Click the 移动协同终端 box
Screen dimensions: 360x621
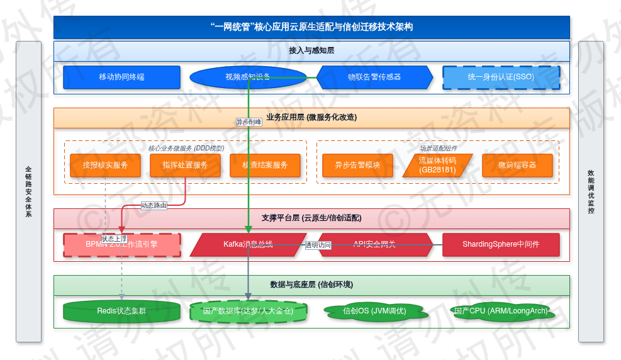pyautogui.click(x=121, y=77)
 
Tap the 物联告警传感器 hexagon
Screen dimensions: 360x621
pyautogui.click(x=374, y=77)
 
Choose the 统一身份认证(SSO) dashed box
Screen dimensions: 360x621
pyautogui.click(x=501, y=77)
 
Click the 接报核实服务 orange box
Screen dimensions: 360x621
pyautogui.click(x=105, y=166)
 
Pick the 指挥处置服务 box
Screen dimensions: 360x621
pyautogui.click(x=185, y=166)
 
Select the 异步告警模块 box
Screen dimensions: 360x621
pyautogui.click(x=357, y=166)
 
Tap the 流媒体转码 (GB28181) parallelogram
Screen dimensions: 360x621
pyautogui.click(x=437, y=166)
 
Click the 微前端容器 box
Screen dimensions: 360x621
pyautogui.click(x=517, y=166)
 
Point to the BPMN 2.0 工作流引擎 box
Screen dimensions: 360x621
pyautogui.click(x=121, y=245)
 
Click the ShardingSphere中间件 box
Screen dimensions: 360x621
pyautogui.click(x=501, y=245)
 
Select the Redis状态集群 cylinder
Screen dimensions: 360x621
pyautogui.click(x=121, y=311)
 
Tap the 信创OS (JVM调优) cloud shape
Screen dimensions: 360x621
pyautogui.click(x=374, y=311)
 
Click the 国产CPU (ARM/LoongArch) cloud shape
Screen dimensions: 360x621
pyautogui.click(x=501, y=310)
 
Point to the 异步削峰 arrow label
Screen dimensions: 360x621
pyautogui.click(x=249, y=122)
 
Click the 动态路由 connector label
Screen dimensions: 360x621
pyautogui.click(x=154, y=205)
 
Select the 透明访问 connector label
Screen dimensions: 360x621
pyautogui.click(x=318, y=245)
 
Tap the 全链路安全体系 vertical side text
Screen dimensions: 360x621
pyautogui.click(x=28, y=191)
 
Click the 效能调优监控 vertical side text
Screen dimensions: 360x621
pyautogui.click(x=591, y=191)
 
